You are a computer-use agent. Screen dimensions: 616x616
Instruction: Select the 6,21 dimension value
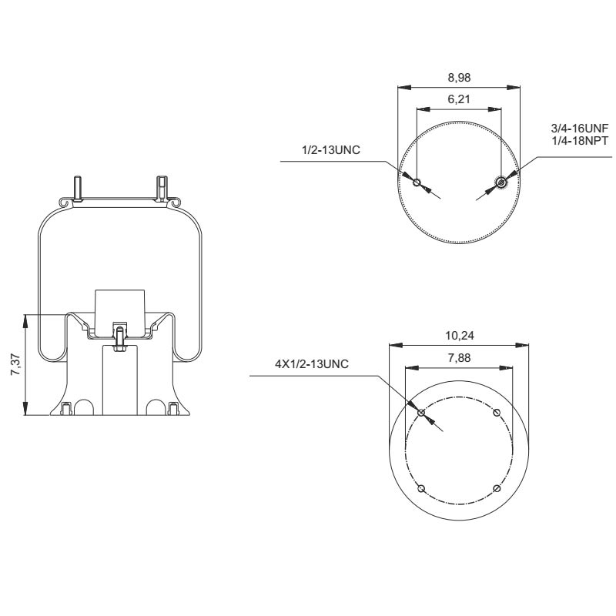[458, 99]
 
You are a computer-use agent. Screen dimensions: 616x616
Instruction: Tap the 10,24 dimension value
[458, 336]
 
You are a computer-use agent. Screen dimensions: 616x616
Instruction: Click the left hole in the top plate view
[417, 182]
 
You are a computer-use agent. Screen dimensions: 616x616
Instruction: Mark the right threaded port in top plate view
[501, 182]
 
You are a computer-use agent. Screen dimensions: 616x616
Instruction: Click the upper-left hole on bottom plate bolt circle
[420, 413]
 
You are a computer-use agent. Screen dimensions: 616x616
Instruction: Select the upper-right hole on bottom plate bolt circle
[496, 413]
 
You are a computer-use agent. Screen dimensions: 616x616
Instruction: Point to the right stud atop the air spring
[161, 186]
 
